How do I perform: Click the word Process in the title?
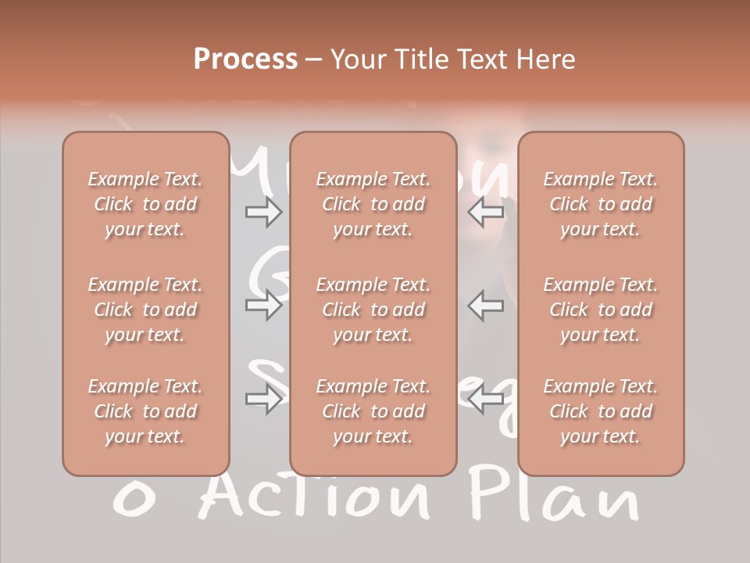245,59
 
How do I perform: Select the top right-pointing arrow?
263,212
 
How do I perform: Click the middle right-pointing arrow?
263,305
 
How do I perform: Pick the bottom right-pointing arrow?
263,400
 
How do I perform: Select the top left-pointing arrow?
487,212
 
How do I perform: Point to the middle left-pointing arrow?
487,305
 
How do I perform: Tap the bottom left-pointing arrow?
487,400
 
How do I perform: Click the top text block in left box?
145,204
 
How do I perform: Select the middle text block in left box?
145,310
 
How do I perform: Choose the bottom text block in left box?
145,411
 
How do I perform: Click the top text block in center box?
373,204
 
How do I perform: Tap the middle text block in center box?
373,310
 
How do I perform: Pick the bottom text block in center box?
373,411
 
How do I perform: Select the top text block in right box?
601,204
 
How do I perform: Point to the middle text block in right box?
601,310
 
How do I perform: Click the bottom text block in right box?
601,411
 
